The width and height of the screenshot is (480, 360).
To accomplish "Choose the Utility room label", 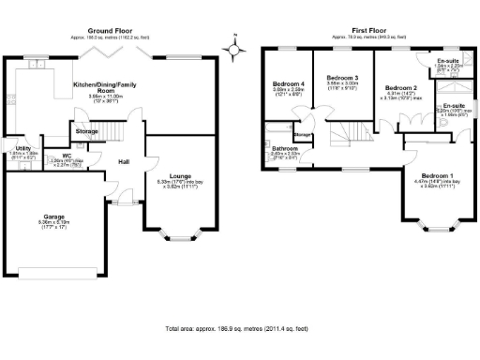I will [21, 149].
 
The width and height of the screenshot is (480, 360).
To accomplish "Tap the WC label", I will [67, 156].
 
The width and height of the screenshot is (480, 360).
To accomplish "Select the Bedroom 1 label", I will [437, 176].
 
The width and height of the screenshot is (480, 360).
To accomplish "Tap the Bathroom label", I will [285, 148].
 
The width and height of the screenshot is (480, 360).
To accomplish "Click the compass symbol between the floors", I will [233, 42].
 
